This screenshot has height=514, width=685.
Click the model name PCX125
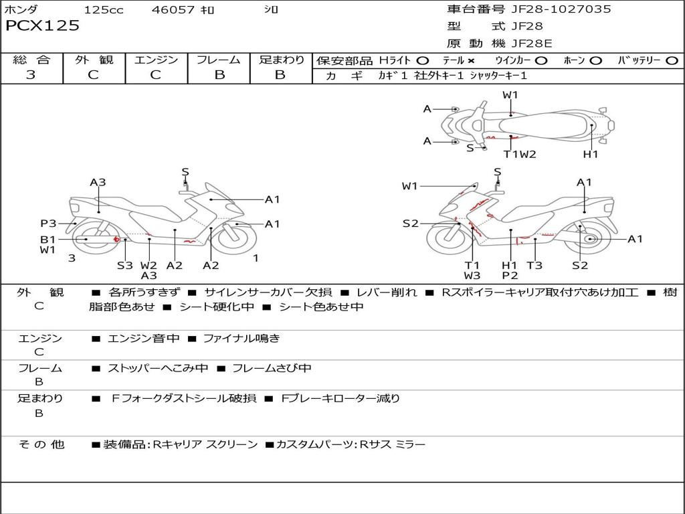(42, 26)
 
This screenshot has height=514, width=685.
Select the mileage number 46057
(173, 9)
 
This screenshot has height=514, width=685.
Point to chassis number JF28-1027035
(561, 9)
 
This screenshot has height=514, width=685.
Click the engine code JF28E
(531, 44)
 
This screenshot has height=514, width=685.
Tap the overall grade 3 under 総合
(31, 75)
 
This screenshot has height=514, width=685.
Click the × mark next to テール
(471, 60)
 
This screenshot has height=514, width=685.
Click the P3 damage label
(48, 224)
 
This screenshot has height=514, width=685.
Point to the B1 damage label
(47, 239)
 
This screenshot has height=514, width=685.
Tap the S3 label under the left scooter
(125, 265)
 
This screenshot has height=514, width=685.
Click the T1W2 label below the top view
(520, 155)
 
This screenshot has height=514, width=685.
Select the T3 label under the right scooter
(534, 265)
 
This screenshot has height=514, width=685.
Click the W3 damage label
(472, 275)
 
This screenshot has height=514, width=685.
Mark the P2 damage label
(510, 275)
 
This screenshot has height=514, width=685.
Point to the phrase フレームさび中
(270, 368)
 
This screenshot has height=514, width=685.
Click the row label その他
(41, 444)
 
